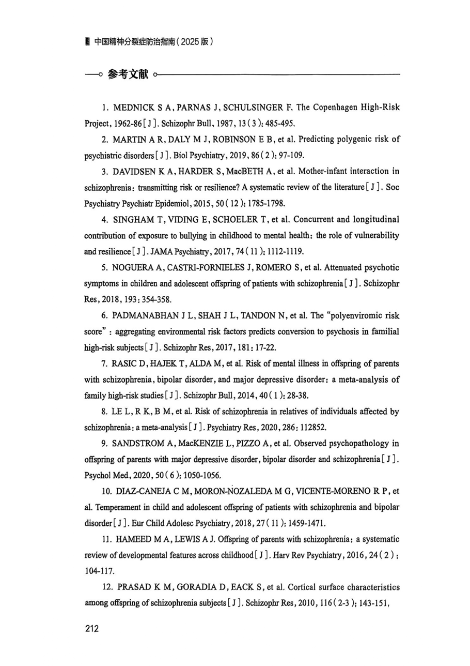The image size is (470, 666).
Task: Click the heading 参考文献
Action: pyautogui.click(x=128, y=75)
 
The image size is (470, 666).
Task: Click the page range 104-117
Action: pyautogui.click(x=99, y=571)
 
